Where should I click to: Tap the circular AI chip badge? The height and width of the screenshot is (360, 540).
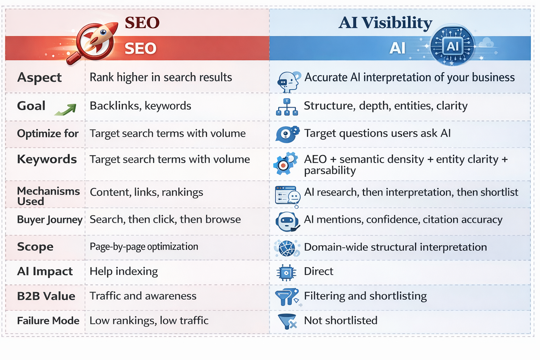click(x=452, y=46)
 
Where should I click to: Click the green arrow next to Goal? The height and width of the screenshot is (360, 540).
click(x=66, y=109)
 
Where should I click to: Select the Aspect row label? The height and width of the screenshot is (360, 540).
click(x=39, y=78)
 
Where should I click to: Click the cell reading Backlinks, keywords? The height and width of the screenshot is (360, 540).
click(x=140, y=106)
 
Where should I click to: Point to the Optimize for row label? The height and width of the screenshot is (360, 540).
click(x=48, y=133)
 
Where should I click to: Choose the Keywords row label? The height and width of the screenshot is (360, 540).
click(x=47, y=159)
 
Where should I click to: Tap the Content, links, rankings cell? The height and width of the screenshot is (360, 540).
click(x=146, y=192)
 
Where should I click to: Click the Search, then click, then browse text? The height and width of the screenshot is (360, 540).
click(x=165, y=219)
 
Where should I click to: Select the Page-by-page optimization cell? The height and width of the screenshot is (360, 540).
click(x=144, y=247)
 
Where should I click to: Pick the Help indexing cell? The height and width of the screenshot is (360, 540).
click(x=124, y=271)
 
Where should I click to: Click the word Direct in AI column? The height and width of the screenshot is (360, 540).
click(x=319, y=271)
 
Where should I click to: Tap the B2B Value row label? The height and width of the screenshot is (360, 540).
click(x=46, y=296)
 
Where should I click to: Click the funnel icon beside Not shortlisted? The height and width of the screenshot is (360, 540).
click(x=287, y=321)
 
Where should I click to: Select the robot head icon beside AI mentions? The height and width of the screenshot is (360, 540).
click(x=287, y=221)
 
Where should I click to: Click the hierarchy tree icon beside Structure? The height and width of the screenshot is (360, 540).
click(x=287, y=107)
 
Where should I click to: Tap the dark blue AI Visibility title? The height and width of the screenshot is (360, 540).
click(x=385, y=23)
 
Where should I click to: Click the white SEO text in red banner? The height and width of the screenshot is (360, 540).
click(x=140, y=48)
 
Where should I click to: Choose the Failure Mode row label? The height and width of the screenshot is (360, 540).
click(x=48, y=321)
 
